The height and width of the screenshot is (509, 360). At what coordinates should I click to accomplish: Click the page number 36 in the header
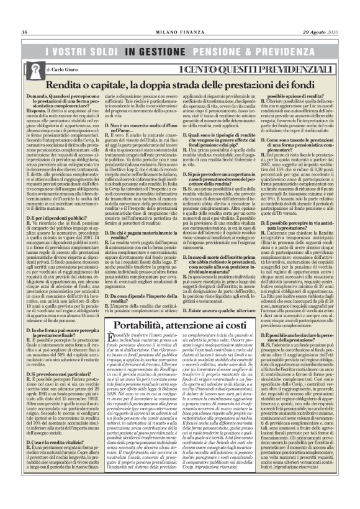(x=25, y=15)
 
